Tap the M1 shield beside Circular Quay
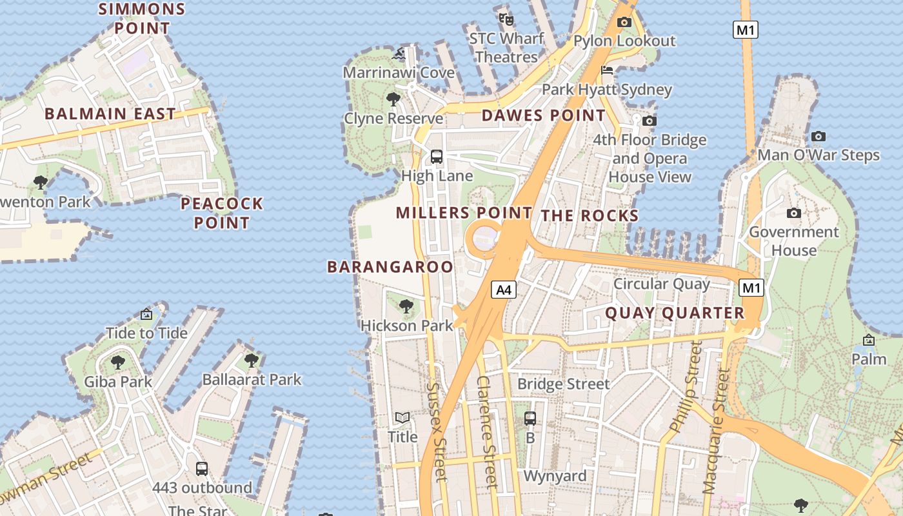tap(751, 288)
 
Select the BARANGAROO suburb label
tap(390, 266)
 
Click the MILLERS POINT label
tap(464, 213)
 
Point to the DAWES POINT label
tap(544, 116)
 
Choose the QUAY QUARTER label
tap(675, 313)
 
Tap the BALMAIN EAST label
tap(110, 114)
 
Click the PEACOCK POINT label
tap(222, 213)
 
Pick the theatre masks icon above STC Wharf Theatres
tap(506, 19)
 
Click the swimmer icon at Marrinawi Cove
tap(399, 54)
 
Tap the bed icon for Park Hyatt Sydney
tap(607, 70)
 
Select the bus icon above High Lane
tap(437, 156)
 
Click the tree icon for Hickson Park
tap(406, 306)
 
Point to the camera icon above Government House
tap(794, 213)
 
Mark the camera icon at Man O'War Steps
tap(818, 136)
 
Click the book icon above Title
tap(402, 418)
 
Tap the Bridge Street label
tap(563, 384)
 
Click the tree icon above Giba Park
tap(118, 362)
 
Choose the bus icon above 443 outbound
tap(202, 469)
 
